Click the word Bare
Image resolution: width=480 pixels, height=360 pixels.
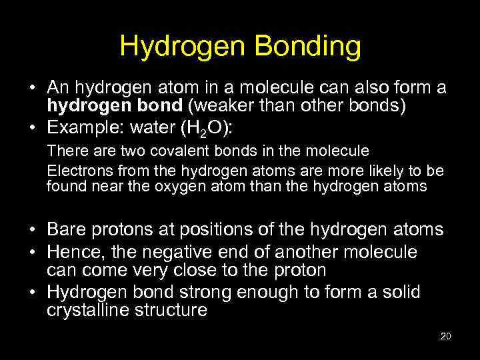click(x=65, y=231)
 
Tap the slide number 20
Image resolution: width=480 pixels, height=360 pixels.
click(x=446, y=336)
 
